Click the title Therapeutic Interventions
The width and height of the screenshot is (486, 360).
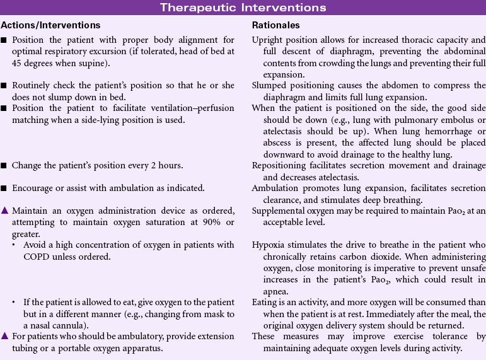pyautogui.click(x=243, y=8)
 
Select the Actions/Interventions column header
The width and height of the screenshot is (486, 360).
pyautogui.click(x=51, y=25)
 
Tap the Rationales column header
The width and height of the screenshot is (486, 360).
pyautogui.click(x=276, y=25)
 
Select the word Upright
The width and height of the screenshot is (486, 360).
pyautogui.click(x=267, y=40)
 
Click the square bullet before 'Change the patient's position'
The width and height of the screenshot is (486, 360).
pyautogui.click(x=5, y=166)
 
